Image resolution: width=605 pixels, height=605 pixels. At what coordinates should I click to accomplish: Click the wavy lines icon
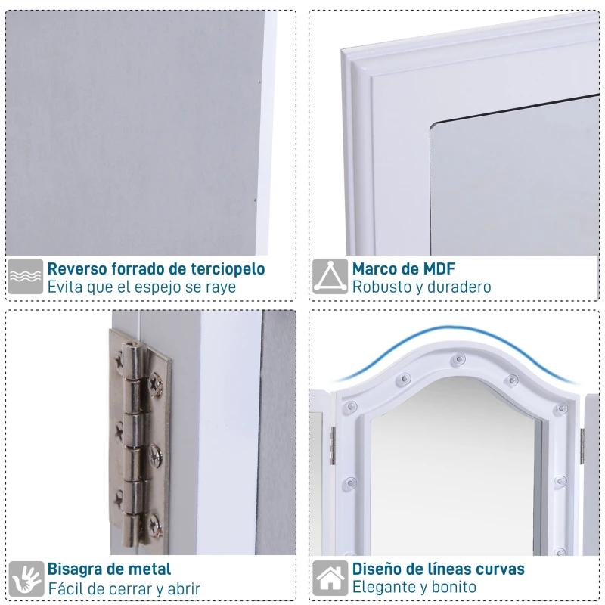point(25,276)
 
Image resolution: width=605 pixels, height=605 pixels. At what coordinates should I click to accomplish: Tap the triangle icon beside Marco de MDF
point(330,276)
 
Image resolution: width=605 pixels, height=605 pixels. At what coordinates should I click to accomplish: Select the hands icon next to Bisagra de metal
point(26,579)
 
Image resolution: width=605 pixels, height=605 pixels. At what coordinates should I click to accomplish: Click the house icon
point(330,578)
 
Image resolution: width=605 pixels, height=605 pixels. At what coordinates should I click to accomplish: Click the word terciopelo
point(226,269)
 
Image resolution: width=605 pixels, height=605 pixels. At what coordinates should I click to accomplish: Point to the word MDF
point(439,269)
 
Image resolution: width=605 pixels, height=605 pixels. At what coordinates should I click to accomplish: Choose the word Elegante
point(383,588)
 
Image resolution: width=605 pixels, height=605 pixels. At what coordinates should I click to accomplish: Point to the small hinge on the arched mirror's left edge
point(333,445)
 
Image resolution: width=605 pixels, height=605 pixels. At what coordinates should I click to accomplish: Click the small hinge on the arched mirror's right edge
point(582,446)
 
